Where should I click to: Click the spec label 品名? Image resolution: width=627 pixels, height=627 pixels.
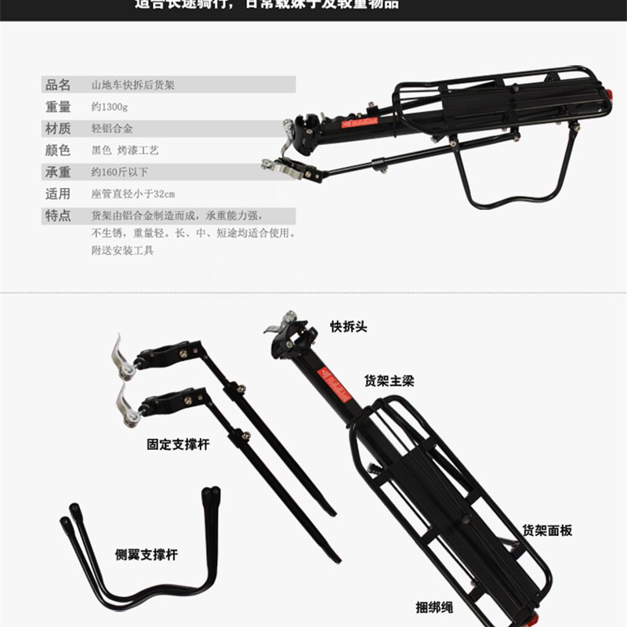coord(58,85)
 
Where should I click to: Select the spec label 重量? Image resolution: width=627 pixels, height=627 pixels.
coord(58,107)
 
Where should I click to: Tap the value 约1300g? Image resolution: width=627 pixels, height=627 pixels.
coord(109,107)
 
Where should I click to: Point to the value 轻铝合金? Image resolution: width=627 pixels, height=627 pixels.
coord(112,129)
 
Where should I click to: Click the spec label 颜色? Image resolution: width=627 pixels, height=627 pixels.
coord(58,150)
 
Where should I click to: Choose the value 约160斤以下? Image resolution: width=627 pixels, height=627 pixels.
coord(120,172)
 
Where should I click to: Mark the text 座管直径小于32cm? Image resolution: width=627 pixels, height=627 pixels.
coord(133,194)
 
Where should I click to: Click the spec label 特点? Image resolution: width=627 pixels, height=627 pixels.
coord(58,215)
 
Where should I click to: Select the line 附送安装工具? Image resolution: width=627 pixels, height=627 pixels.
coord(123,251)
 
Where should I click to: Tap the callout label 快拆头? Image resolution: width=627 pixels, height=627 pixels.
coord(348,326)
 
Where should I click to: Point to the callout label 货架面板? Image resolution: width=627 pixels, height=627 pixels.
coord(547,531)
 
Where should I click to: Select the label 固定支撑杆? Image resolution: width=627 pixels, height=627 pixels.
coord(178,444)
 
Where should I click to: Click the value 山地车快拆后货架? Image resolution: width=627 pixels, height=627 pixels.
coord(133,85)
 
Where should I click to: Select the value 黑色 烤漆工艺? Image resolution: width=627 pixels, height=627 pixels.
coord(125,150)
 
